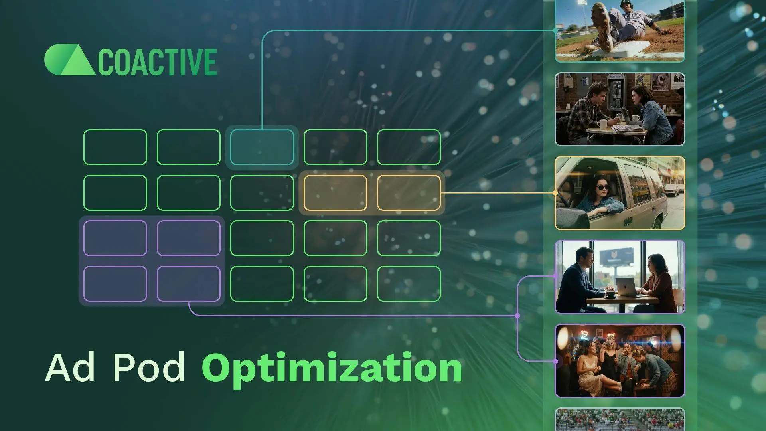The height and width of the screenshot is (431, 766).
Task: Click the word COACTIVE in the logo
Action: coord(157,62)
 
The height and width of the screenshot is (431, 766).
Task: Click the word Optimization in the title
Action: coord(332,368)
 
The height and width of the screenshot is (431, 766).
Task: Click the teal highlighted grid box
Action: coord(262,147)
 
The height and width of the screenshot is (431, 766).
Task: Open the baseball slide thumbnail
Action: coord(620,31)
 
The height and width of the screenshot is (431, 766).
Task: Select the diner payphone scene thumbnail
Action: coord(620,109)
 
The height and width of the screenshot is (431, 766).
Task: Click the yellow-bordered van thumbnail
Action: coord(620,193)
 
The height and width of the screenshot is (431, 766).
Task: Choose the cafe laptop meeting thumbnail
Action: coord(620,277)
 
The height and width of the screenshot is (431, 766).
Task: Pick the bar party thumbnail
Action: coord(620,361)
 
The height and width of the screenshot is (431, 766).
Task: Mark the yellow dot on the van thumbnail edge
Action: coord(555,193)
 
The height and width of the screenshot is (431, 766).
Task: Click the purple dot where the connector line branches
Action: coord(517,316)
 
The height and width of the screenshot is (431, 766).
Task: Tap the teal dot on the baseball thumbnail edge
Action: coord(555,30)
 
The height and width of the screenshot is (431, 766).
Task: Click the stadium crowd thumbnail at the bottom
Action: coord(620,420)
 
